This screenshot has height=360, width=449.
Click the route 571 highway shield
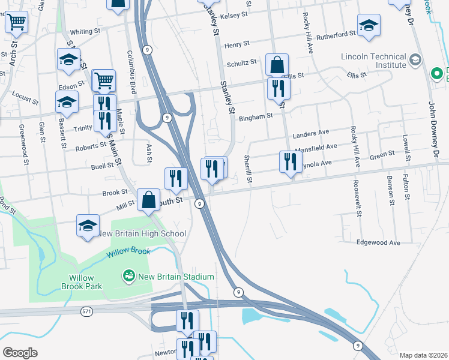[x=88, y=311]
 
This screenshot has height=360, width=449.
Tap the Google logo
[x=20, y=353]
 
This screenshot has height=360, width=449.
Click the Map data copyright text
[x=423, y=355]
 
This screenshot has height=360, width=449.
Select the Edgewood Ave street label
[x=378, y=242]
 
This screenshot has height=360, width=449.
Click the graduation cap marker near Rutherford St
[x=369, y=25]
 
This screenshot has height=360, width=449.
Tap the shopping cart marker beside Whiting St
[x=16, y=22]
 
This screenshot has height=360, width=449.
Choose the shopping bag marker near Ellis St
[x=277, y=64]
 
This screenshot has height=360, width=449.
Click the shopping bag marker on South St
[x=148, y=199]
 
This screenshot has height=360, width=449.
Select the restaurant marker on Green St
[x=289, y=161]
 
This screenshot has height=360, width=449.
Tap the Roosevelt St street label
[x=357, y=198]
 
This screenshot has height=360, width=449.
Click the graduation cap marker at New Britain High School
[x=88, y=226]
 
